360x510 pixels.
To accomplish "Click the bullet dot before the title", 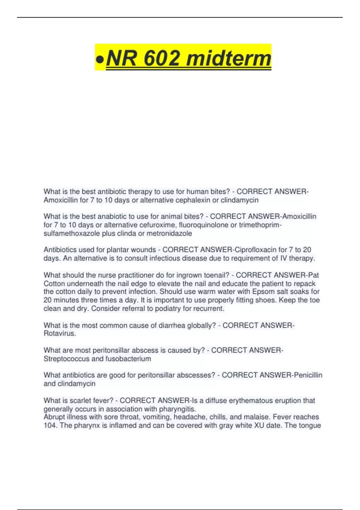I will tap(100, 59).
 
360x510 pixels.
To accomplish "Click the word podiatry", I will tap(168, 308).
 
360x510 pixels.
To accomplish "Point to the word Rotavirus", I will tap(59, 333).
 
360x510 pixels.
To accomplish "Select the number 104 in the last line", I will tap(50, 425).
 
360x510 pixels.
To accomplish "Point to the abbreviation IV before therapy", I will tap(283, 258).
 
